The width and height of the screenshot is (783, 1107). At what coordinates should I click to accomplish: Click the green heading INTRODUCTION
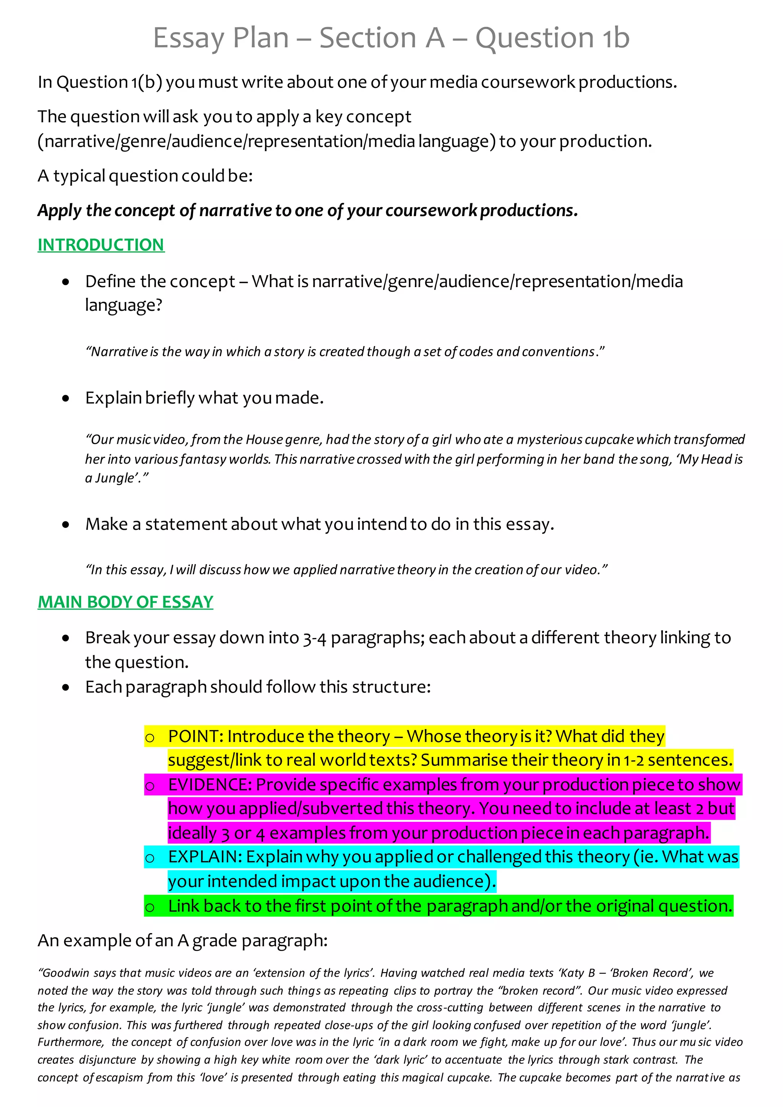[101, 245]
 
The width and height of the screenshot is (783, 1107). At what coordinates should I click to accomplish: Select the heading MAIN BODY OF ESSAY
[125, 602]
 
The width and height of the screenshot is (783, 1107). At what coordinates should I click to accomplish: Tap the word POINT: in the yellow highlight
[195, 736]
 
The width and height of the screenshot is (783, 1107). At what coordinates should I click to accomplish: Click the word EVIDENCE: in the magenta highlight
[210, 784]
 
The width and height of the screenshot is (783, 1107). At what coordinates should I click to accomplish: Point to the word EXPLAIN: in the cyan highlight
[205, 857]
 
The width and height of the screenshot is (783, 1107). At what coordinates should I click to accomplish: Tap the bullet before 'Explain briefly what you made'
[66, 398]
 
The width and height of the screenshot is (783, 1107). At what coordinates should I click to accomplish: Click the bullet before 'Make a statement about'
[66, 524]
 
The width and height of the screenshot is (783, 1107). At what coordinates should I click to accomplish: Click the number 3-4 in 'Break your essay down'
[314, 638]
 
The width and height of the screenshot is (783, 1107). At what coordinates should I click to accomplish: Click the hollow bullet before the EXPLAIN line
[150, 858]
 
